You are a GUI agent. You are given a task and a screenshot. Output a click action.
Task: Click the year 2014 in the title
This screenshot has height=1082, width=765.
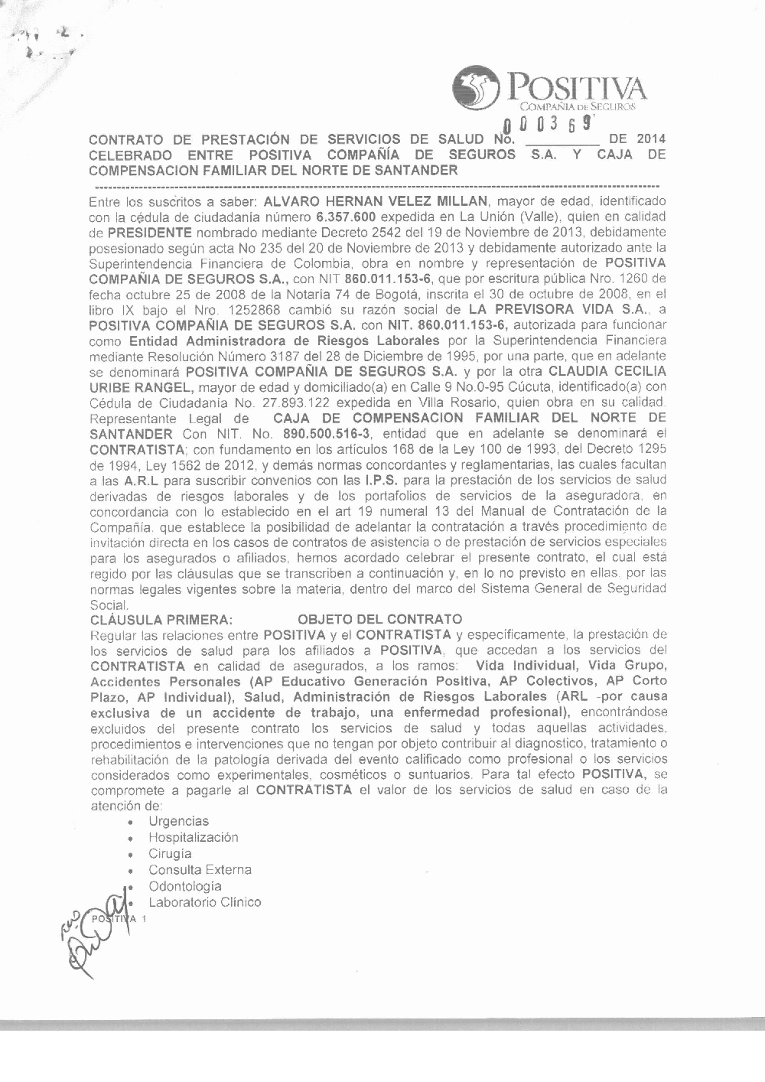pyautogui.click(x=650, y=139)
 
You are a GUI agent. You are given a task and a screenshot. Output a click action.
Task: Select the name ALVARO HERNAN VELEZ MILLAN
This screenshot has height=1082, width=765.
pyautogui.click(x=375, y=201)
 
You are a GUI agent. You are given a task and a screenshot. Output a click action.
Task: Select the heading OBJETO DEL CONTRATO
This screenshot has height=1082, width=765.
pyautogui.click(x=379, y=619)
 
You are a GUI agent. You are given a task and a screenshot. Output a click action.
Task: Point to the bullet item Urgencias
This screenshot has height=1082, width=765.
pyautogui.click(x=178, y=821)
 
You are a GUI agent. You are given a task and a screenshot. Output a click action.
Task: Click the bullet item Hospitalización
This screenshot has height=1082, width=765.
pyautogui.click(x=193, y=837)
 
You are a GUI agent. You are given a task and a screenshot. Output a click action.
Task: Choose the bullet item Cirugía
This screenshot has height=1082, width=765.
pyautogui.click(x=170, y=854)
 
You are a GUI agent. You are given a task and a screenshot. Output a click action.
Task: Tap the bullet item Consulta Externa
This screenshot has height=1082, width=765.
pyautogui.click(x=200, y=870)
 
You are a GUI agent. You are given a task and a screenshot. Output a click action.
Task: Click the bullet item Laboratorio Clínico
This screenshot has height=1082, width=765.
pyautogui.click(x=204, y=902)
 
